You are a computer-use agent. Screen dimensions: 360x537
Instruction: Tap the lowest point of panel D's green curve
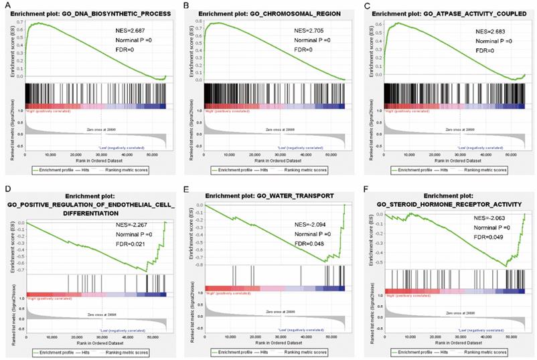(x=147, y=271)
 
